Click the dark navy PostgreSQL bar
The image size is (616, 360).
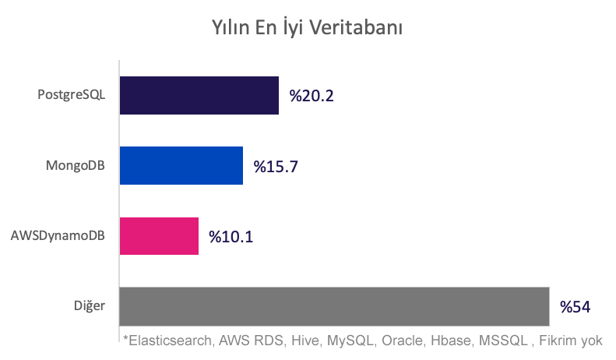click(199, 95)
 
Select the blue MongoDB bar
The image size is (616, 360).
click(181, 165)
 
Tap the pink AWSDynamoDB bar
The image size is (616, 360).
click(159, 235)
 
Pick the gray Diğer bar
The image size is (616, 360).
click(334, 305)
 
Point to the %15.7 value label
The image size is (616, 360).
click(276, 166)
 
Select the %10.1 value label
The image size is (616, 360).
click(231, 236)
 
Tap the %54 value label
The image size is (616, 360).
click(576, 306)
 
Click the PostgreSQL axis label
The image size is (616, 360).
click(71, 95)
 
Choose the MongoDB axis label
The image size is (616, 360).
click(76, 165)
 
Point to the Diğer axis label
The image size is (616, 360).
click(90, 305)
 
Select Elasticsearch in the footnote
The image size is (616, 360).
click(168, 341)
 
